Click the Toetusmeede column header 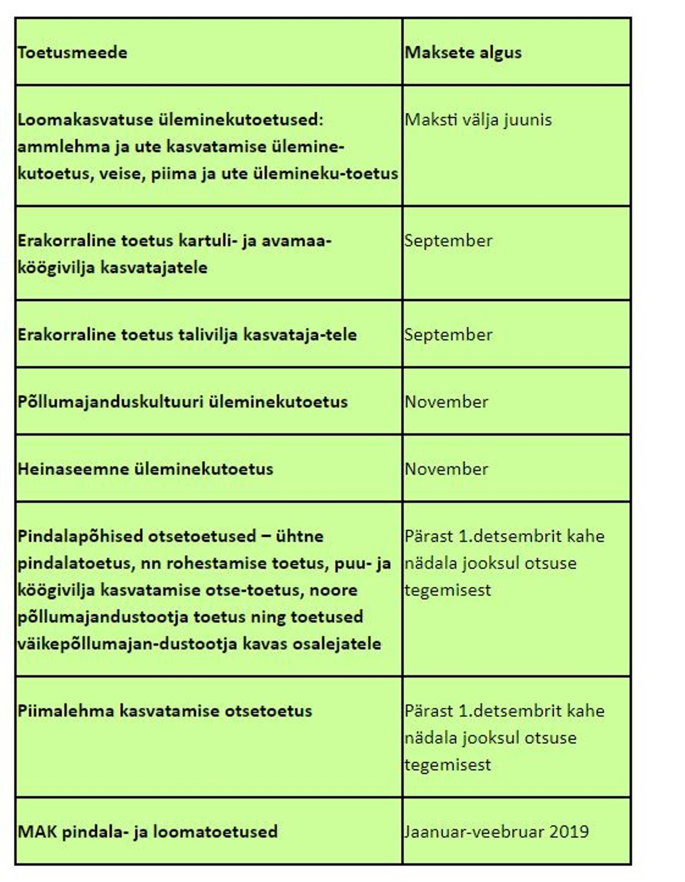tap(72, 52)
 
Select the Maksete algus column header tap(463, 52)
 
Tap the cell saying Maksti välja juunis tap(478, 120)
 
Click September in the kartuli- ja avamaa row tap(448, 241)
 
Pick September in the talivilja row tap(448, 334)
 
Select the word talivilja tap(208, 334)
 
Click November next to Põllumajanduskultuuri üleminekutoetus tap(446, 402)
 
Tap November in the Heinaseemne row tap(446, 469)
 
